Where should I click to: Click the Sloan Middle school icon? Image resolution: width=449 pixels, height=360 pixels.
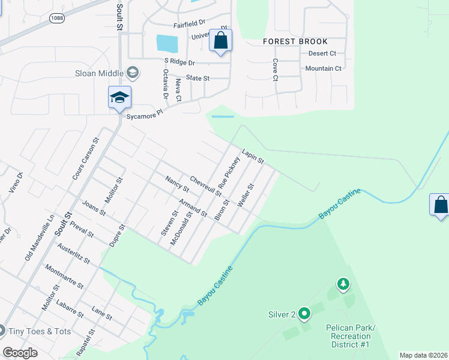point(133,73)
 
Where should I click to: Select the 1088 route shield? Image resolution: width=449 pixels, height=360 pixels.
point(57,19)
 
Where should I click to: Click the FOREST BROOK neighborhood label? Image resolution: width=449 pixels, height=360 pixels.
point(296,41)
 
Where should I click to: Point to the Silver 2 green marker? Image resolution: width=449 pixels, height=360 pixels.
point(304,313)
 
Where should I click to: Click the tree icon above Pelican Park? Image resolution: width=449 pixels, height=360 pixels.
point(343,283)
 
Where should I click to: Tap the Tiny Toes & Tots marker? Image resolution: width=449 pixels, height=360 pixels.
point(2,331)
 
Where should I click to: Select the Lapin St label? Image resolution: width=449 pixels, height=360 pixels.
point(253,157)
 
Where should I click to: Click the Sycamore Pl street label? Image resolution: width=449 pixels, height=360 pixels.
point(145,114)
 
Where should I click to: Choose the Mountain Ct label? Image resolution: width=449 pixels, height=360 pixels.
point(323,68)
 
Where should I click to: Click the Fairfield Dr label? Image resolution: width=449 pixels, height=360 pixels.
point(190,25)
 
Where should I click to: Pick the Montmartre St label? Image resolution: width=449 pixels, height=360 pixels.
point(65,277)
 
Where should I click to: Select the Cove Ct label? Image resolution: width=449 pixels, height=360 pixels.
point(275,70)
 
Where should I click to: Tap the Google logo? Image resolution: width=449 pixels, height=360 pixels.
point(20,353)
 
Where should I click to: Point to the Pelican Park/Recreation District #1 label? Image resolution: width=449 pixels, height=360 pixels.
point(351,336)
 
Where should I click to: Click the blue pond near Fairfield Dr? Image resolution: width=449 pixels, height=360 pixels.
point(167,43)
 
